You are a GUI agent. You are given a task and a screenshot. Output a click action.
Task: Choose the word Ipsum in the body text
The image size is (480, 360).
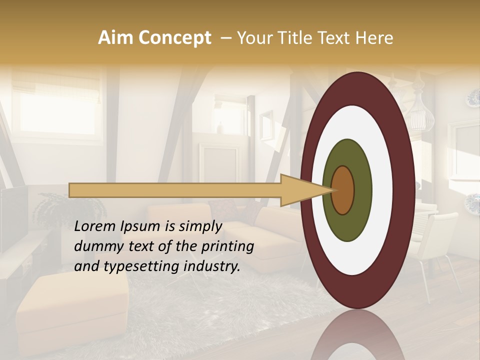tap(140, 226)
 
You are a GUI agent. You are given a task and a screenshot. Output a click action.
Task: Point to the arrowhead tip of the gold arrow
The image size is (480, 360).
tap(334, 190)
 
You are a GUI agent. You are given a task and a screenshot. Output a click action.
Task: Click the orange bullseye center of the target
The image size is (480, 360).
tap(343, 190)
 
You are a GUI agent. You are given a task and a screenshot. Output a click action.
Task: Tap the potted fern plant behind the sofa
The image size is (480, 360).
tap(55, 210)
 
